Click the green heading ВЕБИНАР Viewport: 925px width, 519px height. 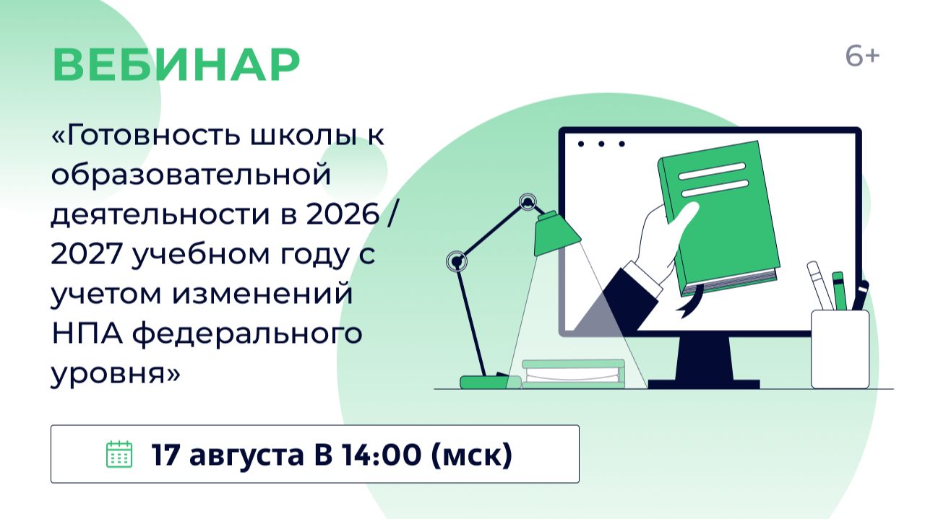[x=176, y=65]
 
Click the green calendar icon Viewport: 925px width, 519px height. [x=119, y=454]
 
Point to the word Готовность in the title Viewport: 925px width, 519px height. [x=152, y=135]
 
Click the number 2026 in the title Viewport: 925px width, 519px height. [x=343, y=214]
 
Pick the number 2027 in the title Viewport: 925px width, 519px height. [x=87, y=253]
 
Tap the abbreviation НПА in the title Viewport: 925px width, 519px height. [x=87, y=333]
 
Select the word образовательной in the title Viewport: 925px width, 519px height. [x=191, y=175]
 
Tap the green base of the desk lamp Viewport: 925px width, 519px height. [x=485, y=382]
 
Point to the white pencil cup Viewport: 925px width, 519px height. [x=840, y=349]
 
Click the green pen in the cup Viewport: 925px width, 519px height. [x=839, y=291]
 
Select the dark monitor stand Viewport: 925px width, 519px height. [x=704, y=362]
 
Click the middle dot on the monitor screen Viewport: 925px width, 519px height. [x=601, y=144]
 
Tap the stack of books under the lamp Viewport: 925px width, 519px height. [x=574, y=374]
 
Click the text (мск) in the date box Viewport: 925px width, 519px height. [x=472, y=455]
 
